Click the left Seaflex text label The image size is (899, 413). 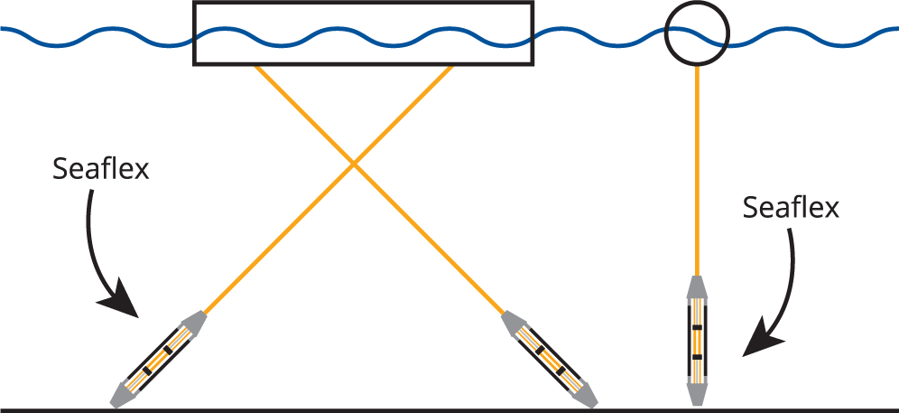(x=101, y=169)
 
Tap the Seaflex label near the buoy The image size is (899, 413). (x=791, y=208)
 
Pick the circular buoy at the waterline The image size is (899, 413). (x=696, y=34)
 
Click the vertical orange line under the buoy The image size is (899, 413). (x=697, y=172)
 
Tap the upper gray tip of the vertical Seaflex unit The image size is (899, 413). (x=697, y=287)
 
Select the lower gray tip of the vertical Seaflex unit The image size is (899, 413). (x=697, y=392)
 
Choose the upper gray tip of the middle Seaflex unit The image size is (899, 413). (x=513, y=323)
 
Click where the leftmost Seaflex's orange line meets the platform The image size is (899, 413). (x=450, y=67)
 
